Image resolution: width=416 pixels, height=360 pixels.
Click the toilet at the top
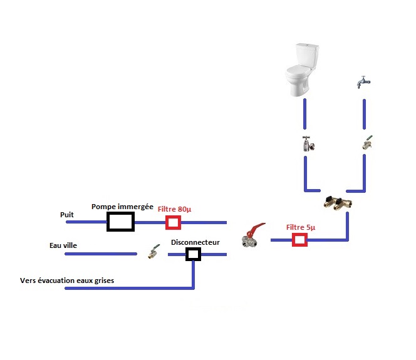coord(301,71)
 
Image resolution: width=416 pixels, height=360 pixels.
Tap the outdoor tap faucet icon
coord(361,82)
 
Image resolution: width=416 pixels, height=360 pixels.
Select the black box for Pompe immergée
coord(120,221)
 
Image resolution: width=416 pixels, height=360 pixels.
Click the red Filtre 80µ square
coord(172,222)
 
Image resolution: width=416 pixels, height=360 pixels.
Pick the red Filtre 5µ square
coord(301,240)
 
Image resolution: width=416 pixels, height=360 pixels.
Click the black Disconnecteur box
coord(193,254)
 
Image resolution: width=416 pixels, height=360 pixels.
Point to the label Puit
coord(67,214)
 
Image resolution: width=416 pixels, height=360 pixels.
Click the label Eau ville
coord(65,245)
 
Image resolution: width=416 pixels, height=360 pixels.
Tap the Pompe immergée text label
coord(122,206)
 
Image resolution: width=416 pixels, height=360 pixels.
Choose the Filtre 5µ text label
coord(301,227)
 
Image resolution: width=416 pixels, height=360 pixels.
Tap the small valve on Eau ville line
coord(152,253)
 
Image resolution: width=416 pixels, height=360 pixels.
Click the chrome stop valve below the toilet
coord(308,144)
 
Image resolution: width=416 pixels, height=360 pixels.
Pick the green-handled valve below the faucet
coord(367,143)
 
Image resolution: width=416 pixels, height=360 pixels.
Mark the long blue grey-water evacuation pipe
coord(125,288)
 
